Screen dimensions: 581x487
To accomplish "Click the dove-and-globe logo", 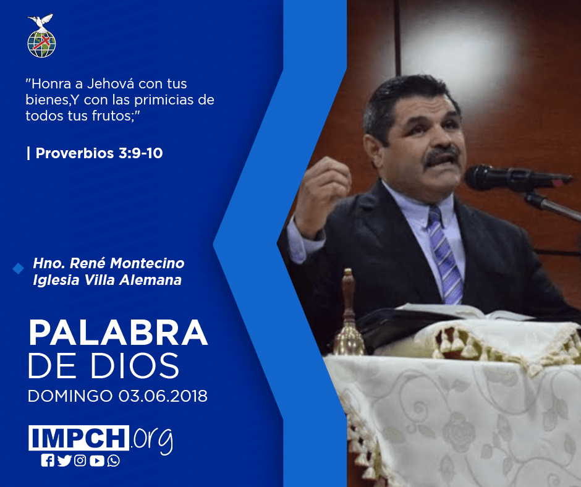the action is tap(41, 36).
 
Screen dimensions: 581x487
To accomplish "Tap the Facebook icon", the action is tap(48, 460).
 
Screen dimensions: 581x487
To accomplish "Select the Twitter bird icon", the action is tap(64, 460).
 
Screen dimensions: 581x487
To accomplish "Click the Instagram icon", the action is tap(80, 460).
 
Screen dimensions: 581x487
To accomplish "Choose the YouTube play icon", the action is tap(96, 460).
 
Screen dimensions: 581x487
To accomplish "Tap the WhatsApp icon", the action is tap(113, 460).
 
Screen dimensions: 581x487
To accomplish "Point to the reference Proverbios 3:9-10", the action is tap(99, 153).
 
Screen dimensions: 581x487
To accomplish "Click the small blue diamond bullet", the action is tap(18, 268).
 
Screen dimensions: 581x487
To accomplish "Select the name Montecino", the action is tap(147, 263).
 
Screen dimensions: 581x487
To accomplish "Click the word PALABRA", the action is tap(118, 332).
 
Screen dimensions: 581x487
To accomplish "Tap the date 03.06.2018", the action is tap(163, 396).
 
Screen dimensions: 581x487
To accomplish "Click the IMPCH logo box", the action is tap(78, 438).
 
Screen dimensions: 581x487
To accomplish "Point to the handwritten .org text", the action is tap(152, 440).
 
